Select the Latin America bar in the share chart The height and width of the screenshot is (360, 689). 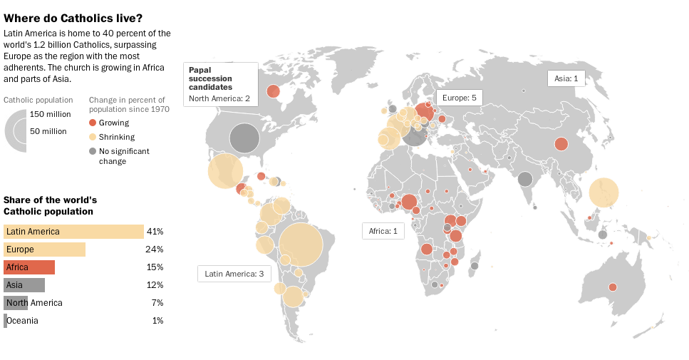click(x=73, y=232)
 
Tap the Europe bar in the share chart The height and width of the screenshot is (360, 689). click(x=44, y=250)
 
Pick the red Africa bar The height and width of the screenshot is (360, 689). click(x=29, y=267)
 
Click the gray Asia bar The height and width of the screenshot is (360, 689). click(x=24, y=285)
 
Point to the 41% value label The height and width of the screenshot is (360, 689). click(x=155, y=232)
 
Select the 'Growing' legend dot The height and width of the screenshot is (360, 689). click(x=93, y=123)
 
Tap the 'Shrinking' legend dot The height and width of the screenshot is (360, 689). click(x=93, y=137)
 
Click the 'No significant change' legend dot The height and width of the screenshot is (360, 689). click(x=93, y=151)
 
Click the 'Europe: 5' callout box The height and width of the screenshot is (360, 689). click(x=460, y=98)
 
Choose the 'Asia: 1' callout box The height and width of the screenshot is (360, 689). click(x=566, y=78)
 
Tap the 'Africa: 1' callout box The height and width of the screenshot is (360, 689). click(x=383, y=231)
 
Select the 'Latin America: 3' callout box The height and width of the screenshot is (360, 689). click(x=234, y=274)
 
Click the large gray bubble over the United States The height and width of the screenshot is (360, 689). click(x=244, y=138)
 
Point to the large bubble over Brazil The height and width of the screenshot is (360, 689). click(x=301, y=245)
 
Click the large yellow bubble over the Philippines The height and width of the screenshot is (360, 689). click(x=603, y=192)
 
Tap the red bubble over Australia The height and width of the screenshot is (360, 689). click(x=612, y=287)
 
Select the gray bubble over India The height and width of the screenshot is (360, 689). click(x=525, y=179)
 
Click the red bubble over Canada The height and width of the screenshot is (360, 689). click(x=273, y=91)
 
